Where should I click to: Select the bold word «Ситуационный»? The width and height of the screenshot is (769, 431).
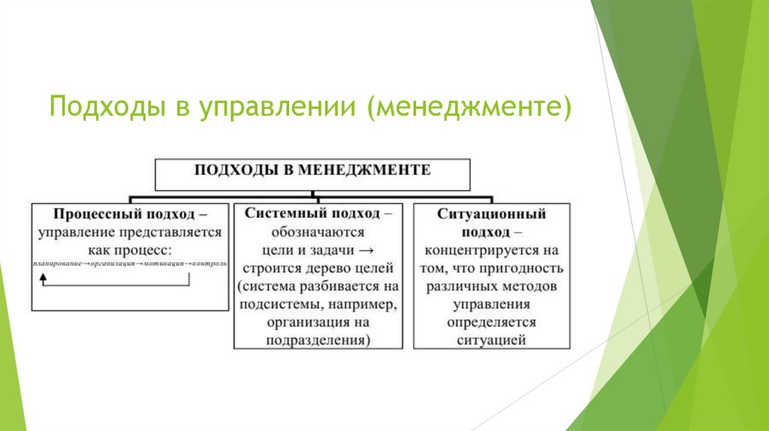pos(491,214)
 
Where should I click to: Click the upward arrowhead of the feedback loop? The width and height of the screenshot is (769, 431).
pos(43,277)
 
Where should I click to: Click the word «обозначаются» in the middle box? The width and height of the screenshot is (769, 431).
pos(318,232)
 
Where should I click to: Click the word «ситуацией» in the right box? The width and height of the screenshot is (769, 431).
pos(491,340)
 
